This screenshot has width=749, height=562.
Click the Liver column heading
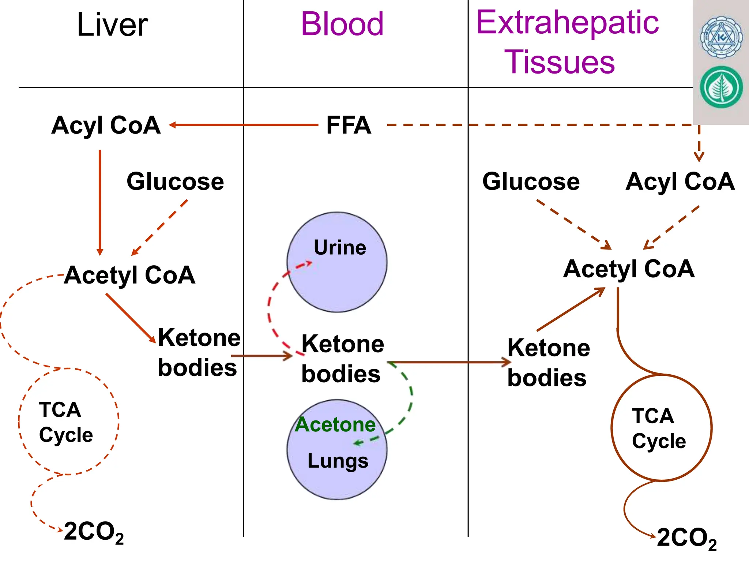[112, 25]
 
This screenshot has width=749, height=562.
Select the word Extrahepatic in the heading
[567, 23]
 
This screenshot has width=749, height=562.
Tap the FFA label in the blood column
[349, 125]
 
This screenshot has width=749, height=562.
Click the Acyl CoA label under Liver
[106, 125]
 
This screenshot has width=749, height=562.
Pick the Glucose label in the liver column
[175, 181]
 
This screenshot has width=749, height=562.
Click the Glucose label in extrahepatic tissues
[531, 181]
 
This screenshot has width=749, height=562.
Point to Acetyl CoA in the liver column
[130, 275]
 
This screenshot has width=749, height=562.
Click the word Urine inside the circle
[340, 248]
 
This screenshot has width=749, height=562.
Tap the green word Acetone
[335, 424]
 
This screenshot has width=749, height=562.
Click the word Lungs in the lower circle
[338, 461]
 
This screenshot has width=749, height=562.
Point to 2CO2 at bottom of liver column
[94, 532]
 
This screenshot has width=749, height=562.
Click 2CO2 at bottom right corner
[686, 538]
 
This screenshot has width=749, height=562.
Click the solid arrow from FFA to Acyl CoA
[243, 125]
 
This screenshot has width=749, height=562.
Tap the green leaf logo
[721, 87]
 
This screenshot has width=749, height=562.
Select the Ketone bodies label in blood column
[342, 359]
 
